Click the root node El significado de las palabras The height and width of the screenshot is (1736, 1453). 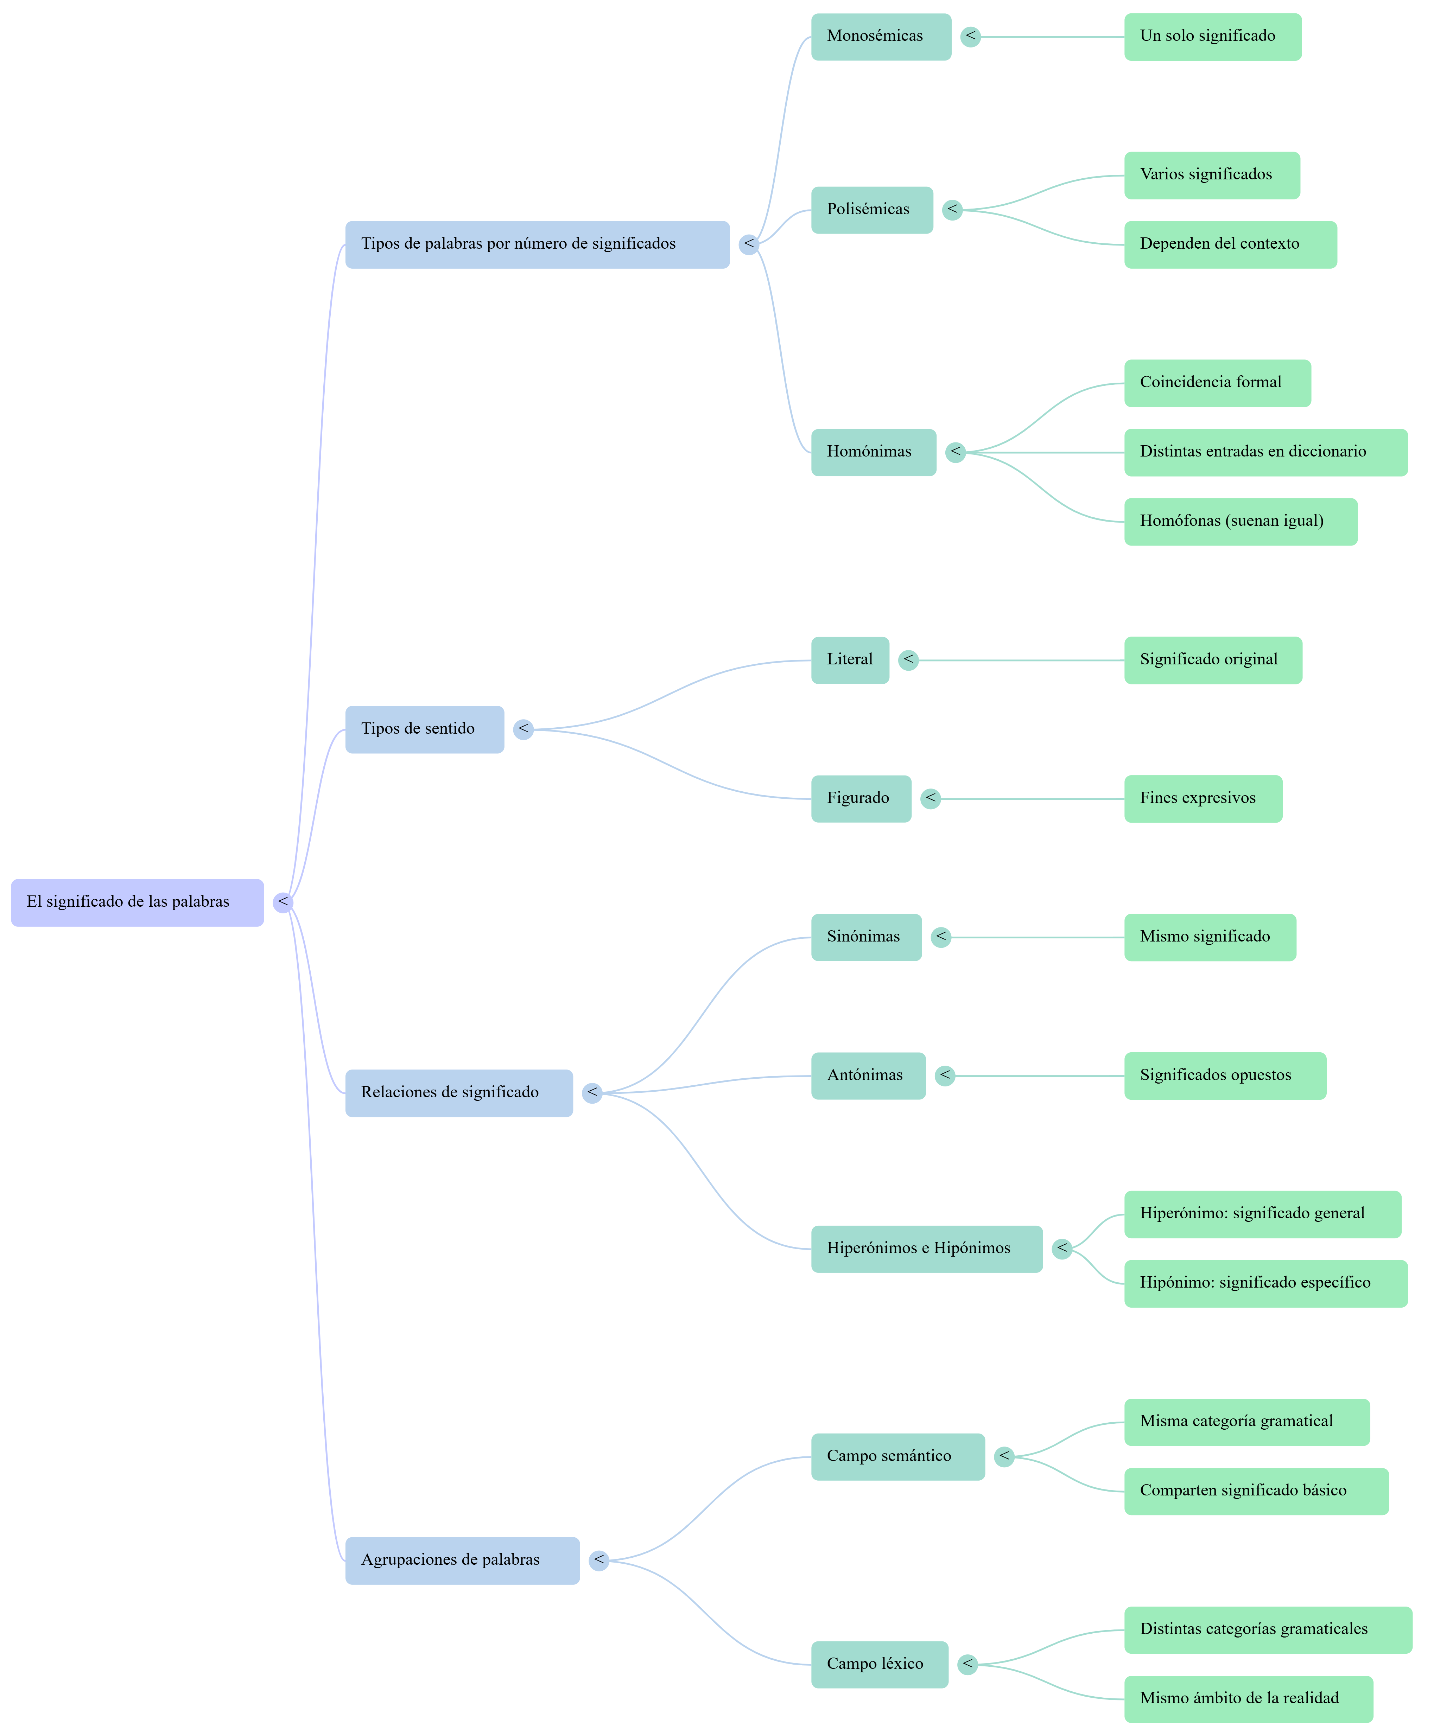(137, 902)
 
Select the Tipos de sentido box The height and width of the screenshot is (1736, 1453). (424, 729)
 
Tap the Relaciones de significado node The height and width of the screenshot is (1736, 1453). (459, 1093)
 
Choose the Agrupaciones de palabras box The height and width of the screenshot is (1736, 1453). (462, 1560)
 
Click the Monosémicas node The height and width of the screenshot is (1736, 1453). (881, 36)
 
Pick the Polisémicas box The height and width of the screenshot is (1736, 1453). (872, 210)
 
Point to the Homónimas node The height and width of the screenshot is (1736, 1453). (873, 452)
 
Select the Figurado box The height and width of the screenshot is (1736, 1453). (861, 799)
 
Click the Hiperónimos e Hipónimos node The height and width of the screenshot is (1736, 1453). (926, 1248)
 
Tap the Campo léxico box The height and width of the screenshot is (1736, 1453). (879, 1664)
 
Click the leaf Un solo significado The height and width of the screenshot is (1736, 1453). (1212, 36)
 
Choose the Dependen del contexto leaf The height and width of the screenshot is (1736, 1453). (1230, 245)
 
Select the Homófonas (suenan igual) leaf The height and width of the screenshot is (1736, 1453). (1241, 522)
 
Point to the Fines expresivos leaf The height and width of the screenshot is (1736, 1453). (1203, 799)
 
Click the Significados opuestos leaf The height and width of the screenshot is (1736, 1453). (1225, 1076)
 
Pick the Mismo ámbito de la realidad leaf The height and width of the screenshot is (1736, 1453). (1248, 1699)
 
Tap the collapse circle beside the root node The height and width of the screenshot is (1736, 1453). (283, 902)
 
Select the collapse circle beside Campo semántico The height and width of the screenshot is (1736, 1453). (1004, 1457)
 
